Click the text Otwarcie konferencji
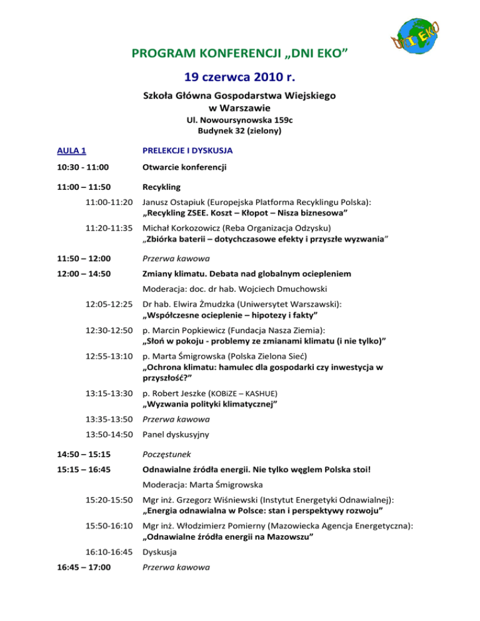pyautogui.click(x=184, y=167)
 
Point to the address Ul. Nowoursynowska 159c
pyautogui.click(x=240, y=120)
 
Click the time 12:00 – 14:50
pyautogui.click(x=81, y=273)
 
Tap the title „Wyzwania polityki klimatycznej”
pyautogui.click(x=211, y=405)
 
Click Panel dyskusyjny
pyautogui.click(x=176, y=434)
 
